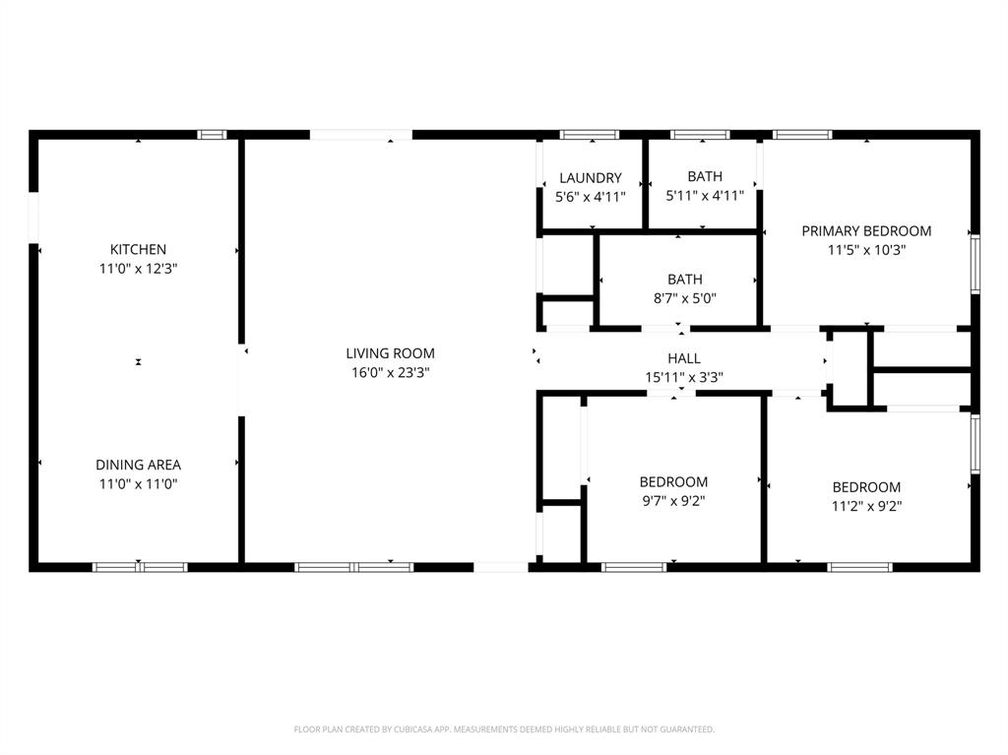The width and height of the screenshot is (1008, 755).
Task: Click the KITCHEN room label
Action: [x=138, y=250]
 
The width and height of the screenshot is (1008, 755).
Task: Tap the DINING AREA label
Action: [x=138, y=465]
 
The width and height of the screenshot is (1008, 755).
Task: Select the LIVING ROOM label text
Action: [x=390, y=353]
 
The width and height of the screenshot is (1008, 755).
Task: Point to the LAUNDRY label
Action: [x=591, y=178]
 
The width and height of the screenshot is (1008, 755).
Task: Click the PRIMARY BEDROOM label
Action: [x=866, y=231]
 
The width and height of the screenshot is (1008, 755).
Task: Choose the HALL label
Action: [x=684, y=358]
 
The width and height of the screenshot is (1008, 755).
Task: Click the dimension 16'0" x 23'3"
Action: [x=390, y=372]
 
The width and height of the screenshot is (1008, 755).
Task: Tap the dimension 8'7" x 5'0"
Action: [x=684, y=298]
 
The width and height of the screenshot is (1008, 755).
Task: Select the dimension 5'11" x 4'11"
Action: [x=705, y=196]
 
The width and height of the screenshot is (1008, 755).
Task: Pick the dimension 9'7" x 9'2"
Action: [x=673, y=500]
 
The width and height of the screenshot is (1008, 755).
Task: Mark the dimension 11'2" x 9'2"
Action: [x=866, y=506]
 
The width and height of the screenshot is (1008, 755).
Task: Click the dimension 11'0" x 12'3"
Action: [x=138, y=268]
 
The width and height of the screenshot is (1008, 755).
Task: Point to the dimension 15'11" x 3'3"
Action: [x=684, y=376]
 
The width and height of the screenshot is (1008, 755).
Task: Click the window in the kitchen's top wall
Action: [x=212, y=135]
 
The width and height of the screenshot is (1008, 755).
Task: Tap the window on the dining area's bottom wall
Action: [x=140, y=567]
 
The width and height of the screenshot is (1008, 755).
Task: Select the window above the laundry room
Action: [x=590, y=135]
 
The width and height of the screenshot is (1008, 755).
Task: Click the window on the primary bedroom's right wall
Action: [x=975, y=263]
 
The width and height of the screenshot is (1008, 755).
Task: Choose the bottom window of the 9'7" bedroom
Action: [x=634, y=567]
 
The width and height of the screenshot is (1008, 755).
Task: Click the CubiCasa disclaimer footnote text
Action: [x=504, y=729]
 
